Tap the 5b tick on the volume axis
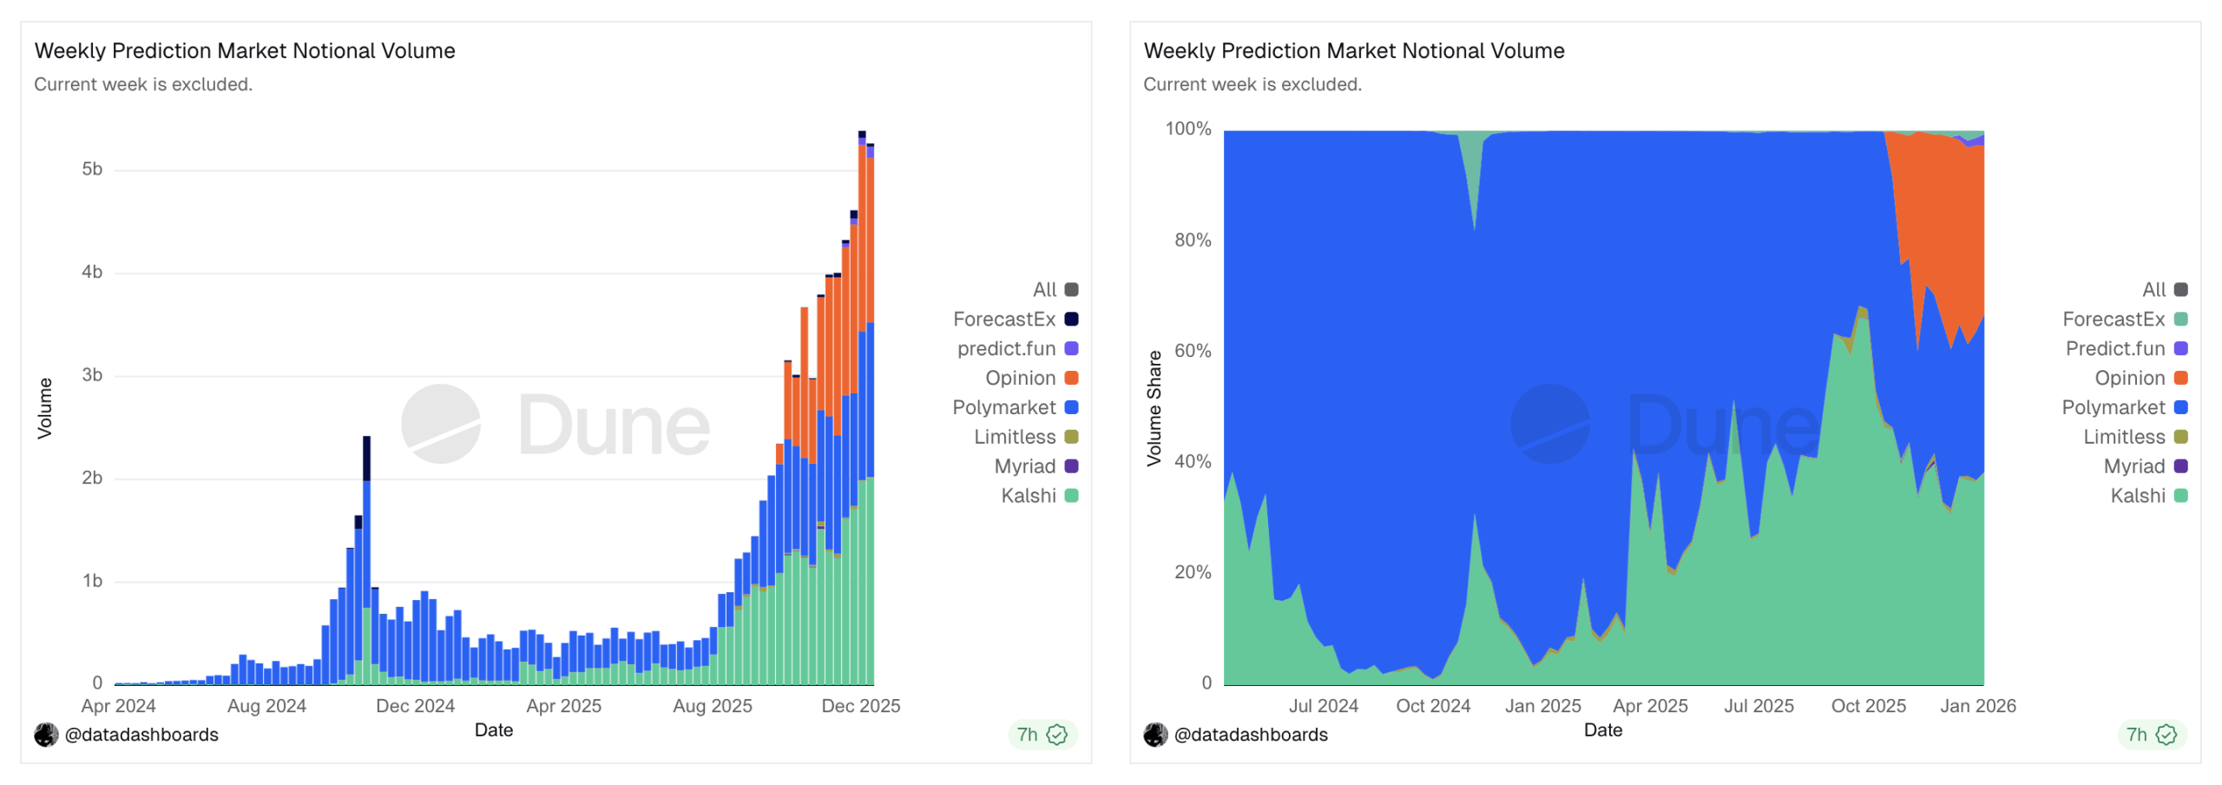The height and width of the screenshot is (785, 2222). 92,169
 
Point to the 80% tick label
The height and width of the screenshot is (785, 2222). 1192,241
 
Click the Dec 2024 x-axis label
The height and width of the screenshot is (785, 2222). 415,706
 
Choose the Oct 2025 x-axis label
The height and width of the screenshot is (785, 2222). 1867,706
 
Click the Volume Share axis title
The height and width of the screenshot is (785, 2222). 1154,408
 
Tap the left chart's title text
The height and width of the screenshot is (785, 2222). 245,50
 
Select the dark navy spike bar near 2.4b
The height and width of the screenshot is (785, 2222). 366,458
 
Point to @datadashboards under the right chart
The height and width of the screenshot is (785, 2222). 1249,735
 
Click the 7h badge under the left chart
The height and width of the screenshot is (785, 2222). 1041,735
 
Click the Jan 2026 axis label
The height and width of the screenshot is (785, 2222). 1976,706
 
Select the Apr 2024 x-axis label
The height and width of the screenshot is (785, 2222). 118,706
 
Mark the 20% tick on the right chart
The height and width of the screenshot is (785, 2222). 1192,572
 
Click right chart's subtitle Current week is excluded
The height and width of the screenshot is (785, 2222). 1252,84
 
